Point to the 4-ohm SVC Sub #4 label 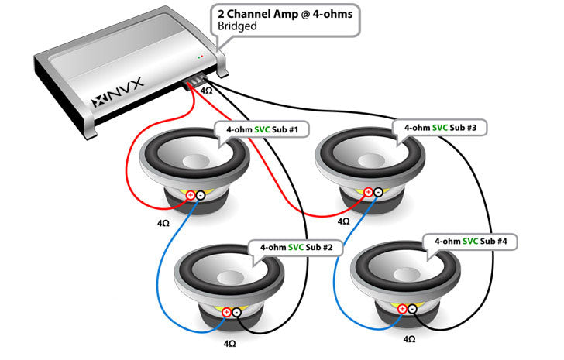point(472,242)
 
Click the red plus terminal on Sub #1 point(190,196)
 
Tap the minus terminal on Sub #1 point(200,196)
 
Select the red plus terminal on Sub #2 point(226,312)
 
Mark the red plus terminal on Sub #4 point(402,309)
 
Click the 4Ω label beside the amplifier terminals point(207,91)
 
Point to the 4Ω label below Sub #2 point(230,341)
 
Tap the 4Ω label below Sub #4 point(409,338)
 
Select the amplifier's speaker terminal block point(195,81)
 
